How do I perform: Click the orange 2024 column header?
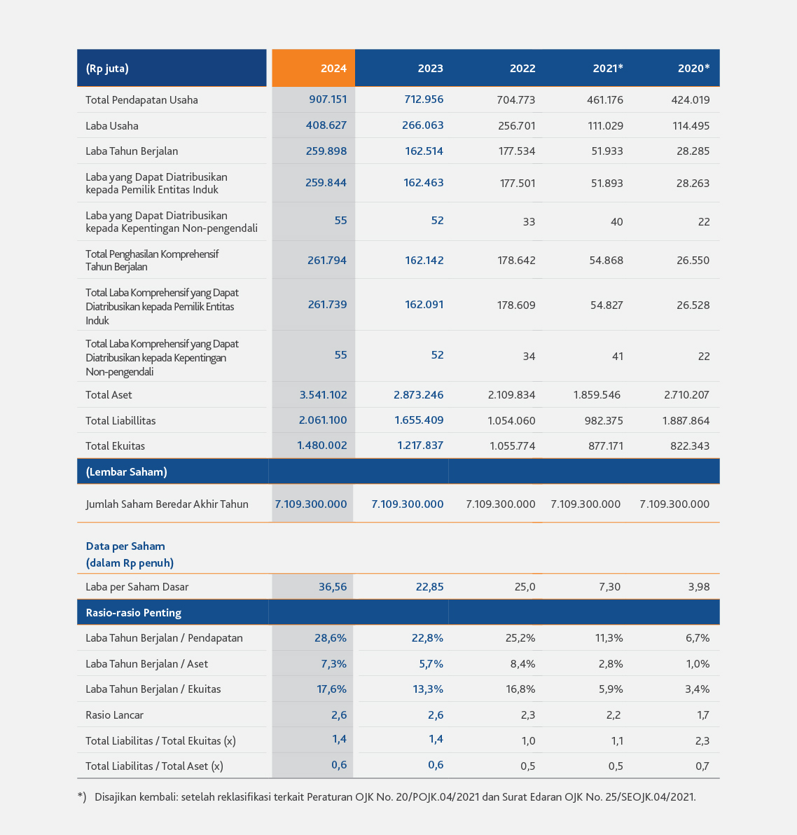coord(313,68)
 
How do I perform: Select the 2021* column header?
coord(607,68)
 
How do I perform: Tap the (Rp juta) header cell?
coord(172,68)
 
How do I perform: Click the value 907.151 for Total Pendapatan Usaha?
coord(328,99)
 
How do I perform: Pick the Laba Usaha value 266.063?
coord(423,125)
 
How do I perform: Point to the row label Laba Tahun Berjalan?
coord(132,151)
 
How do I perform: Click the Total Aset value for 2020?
coord(687,394)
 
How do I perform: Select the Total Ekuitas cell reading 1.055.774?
coord(512,446)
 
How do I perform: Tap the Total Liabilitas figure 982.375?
coord(604,420)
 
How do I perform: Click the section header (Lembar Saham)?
coord(126,472)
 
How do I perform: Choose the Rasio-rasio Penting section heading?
coord(133,612)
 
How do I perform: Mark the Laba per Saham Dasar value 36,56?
coord(333,587)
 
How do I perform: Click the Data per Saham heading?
coord(125,546)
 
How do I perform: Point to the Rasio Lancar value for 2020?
coord(702,715)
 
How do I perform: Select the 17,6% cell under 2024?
coord(332,689)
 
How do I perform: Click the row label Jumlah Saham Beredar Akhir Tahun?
coord(167,504)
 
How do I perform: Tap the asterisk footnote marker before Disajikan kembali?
coord(82,796)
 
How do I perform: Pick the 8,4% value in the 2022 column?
coord(520,663)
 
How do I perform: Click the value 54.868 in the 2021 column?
coord(606,261)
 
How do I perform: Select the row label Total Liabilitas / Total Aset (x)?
coord(154,766)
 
